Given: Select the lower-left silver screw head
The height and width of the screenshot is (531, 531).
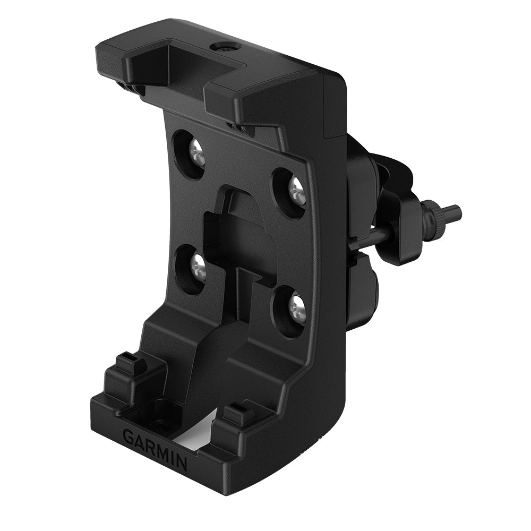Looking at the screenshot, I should pyautogui.click(x=198, y=263).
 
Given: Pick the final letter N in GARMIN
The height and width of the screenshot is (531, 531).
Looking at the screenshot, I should pyautogui.click(x=181, y=463).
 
